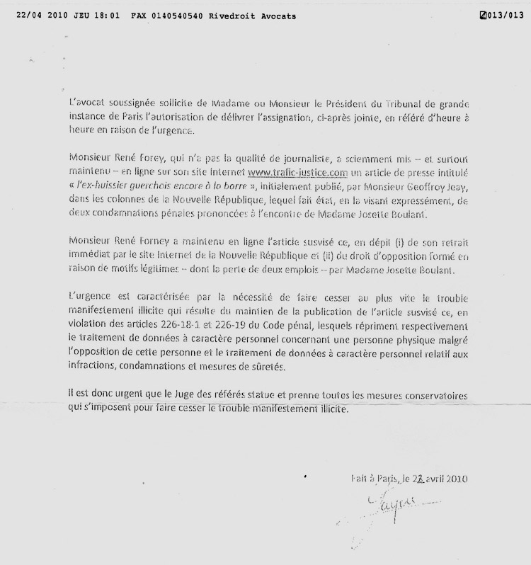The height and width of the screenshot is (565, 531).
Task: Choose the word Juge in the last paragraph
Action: click(x=167, y=393)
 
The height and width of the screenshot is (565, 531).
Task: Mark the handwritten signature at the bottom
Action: click(x=386, y=507)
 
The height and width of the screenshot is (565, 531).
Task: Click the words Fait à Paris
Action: click(x=373, y=478)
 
